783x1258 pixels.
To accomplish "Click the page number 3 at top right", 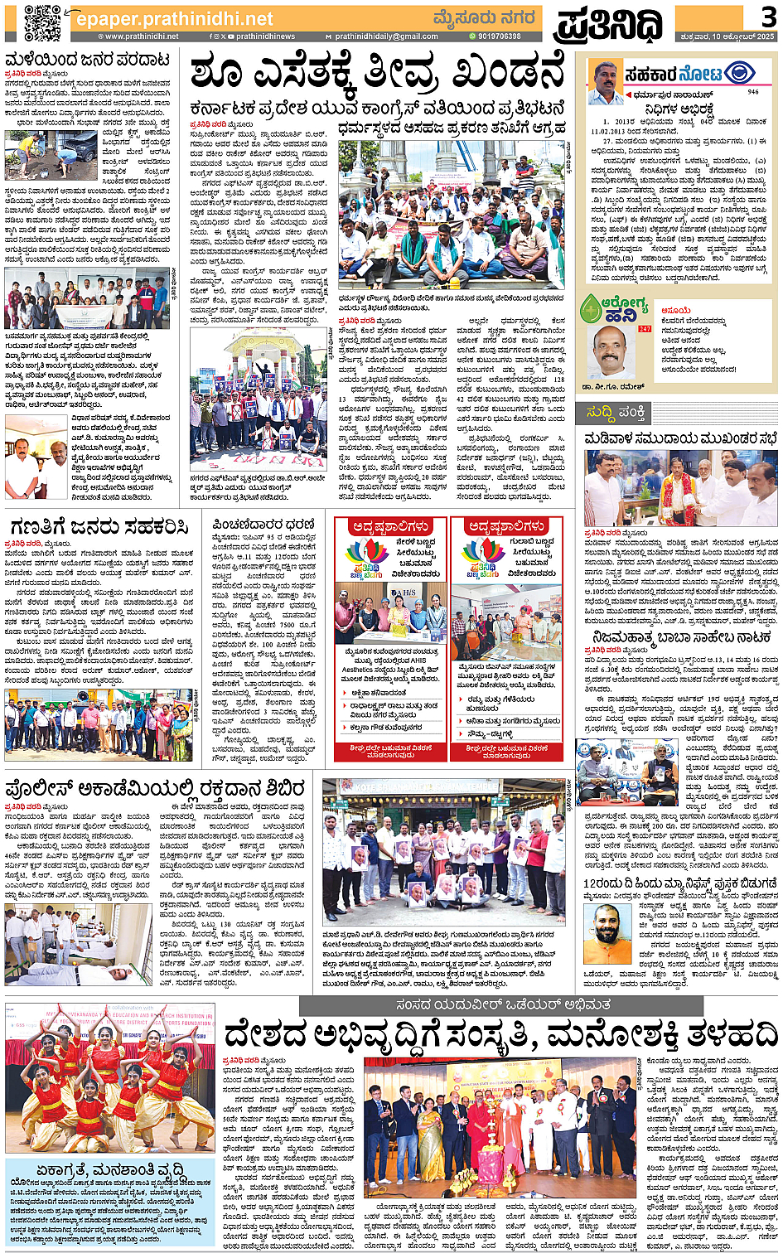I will (x=768, y=16).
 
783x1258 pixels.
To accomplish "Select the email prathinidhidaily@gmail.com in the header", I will (x=386, y=36).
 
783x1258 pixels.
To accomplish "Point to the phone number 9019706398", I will (x=499, y=36).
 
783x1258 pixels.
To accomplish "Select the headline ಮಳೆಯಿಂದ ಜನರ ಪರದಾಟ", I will (x=88, y=60).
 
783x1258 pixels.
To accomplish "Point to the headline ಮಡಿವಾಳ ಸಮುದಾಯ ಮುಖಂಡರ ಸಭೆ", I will (x=680, y=438).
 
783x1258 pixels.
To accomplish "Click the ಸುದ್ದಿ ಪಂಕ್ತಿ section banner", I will (x=616, y=412).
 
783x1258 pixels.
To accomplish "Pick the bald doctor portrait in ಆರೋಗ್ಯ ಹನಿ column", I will (x=610, y=351).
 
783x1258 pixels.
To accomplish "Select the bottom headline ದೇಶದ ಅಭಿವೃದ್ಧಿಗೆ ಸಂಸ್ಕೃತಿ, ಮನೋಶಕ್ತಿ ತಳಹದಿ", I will (x=500, y=1035).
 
